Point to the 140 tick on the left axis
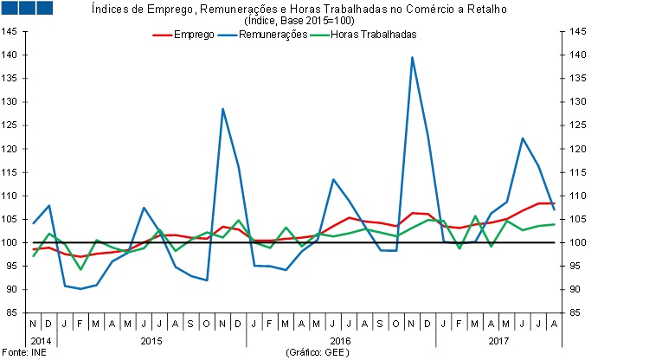(x=11, y=55)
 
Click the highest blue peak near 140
(x=412, y=57)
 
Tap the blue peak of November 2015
(x=223, y=109)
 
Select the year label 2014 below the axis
(x=40, y=340)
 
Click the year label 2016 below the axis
(x=340, y=340)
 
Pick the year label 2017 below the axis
(x=498, y=340)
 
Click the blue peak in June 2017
(x=523, y=138)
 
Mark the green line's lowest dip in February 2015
(x=81, y=269)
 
